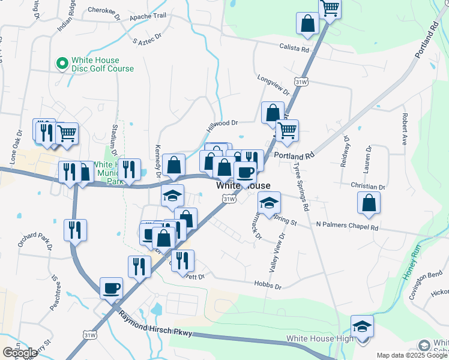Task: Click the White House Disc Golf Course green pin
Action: coord(61,62)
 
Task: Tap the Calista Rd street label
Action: coord(298,47)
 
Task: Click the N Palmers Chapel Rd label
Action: coord(348,227)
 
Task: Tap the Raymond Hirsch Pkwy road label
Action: coord(155,327)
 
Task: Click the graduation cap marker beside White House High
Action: coord(362,326)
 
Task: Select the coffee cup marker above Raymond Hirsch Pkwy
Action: coord(111,288)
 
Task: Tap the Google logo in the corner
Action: coord(19,352)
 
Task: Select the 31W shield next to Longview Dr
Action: coord(301,80)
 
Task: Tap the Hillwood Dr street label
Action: coord(223,123)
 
